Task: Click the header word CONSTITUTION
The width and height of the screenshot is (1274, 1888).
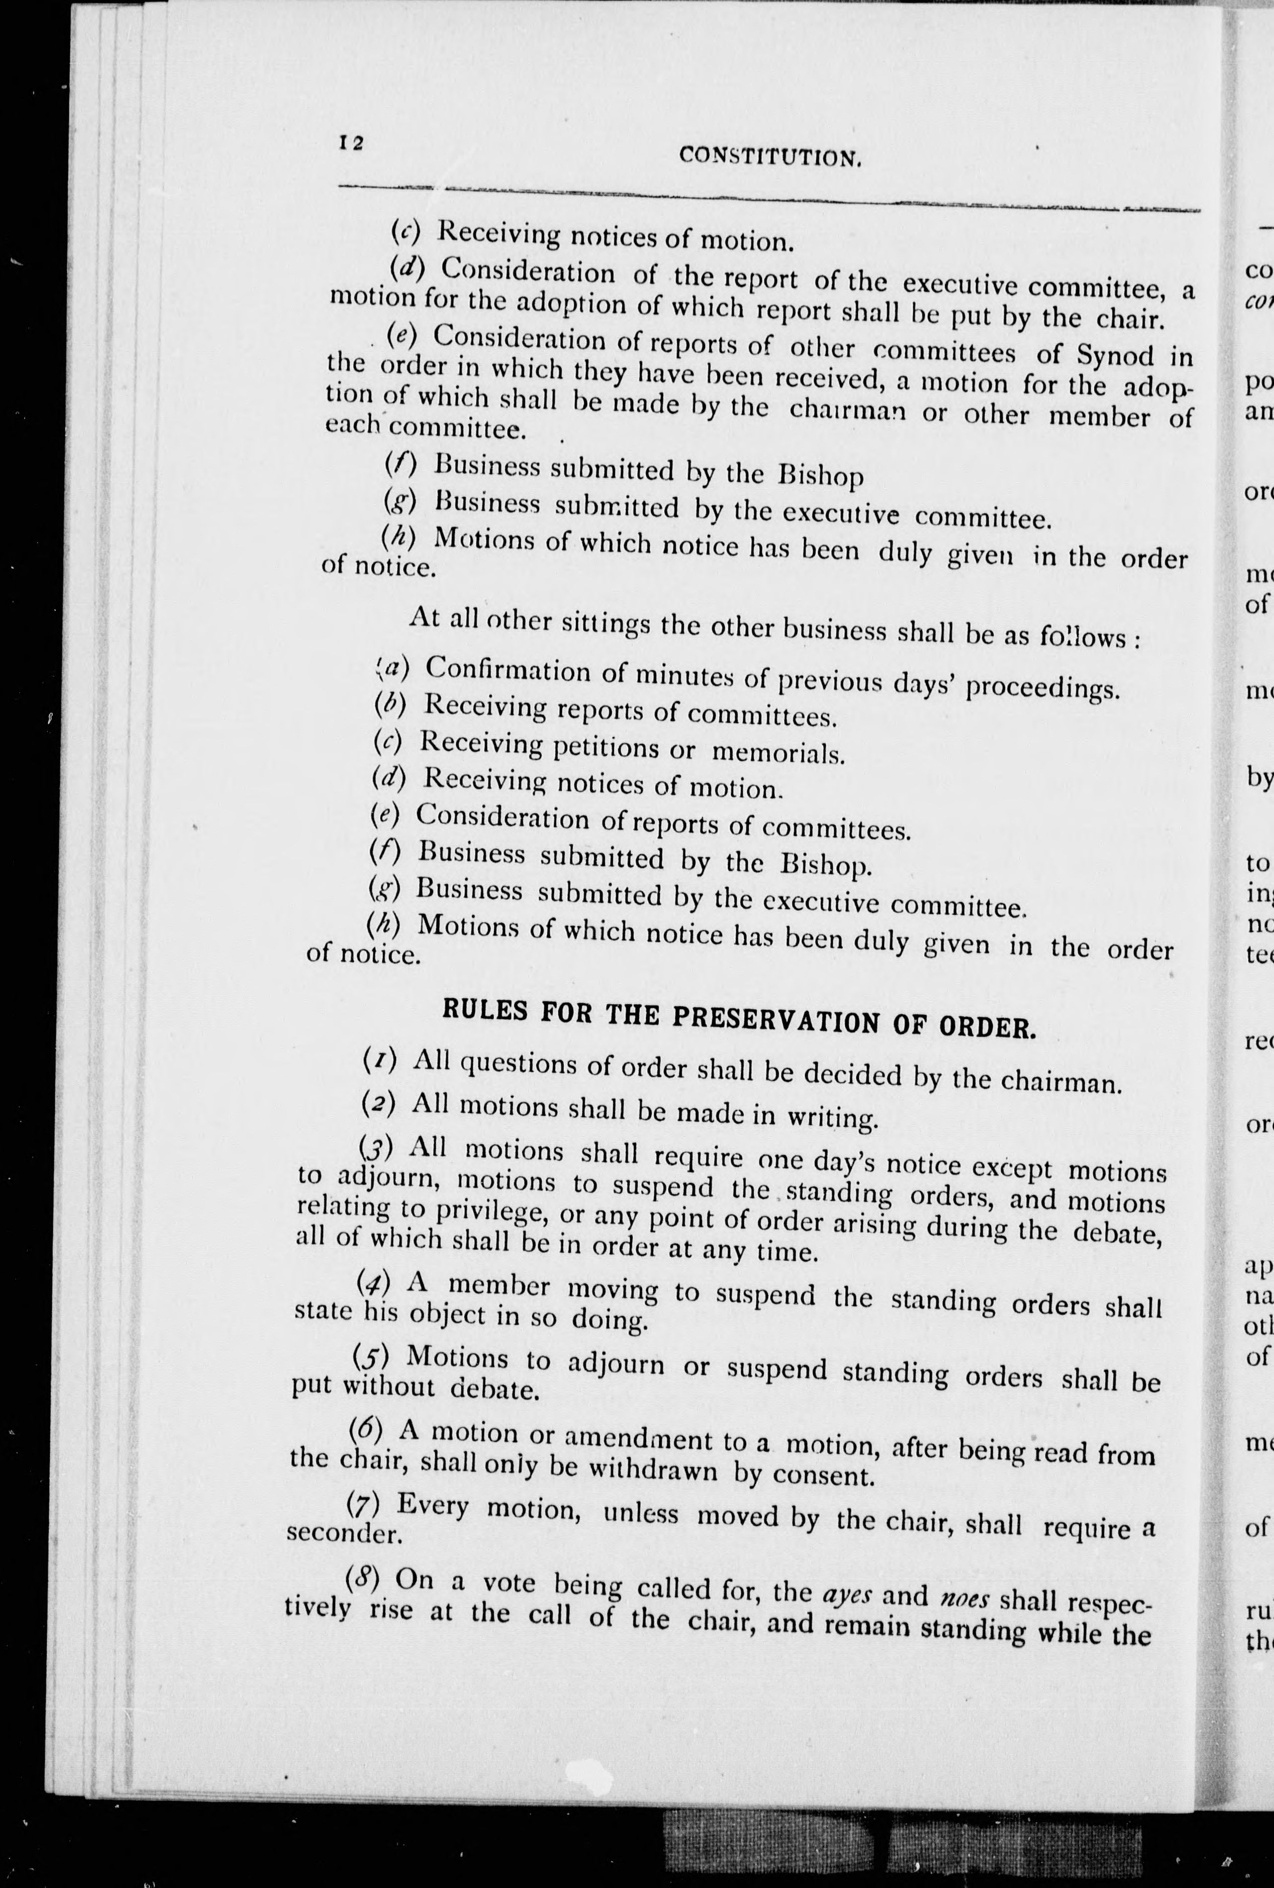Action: point(769,156)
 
